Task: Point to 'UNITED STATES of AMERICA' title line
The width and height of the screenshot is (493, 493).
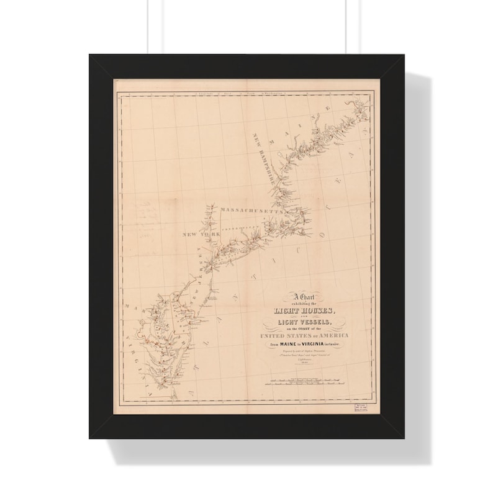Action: [304, 337]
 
